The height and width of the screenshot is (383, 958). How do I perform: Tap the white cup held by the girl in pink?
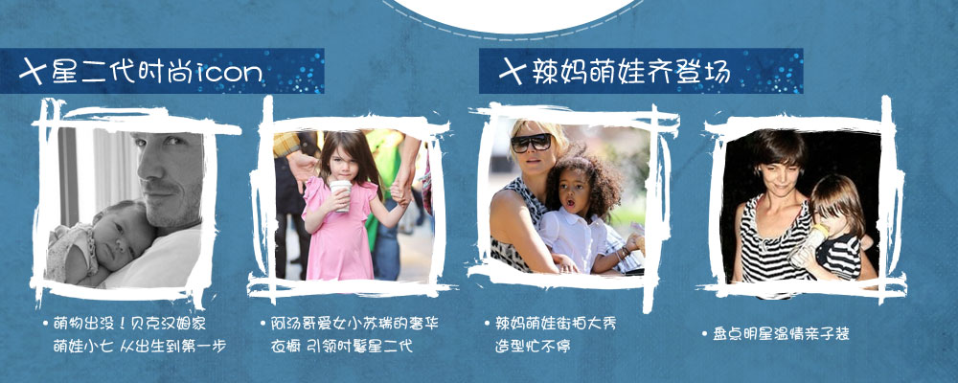pos(341,195)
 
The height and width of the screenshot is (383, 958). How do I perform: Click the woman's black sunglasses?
pos(532,143)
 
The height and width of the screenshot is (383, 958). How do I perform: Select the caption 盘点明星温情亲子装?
pos(781,334)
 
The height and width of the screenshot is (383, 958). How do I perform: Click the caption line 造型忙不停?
pos(533,347)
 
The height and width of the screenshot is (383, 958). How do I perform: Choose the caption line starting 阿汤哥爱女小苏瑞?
pos(354,323)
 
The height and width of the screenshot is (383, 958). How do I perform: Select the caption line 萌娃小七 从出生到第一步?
pos(140,347)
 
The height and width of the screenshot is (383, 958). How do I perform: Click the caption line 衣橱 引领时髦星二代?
pos(342,347)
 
